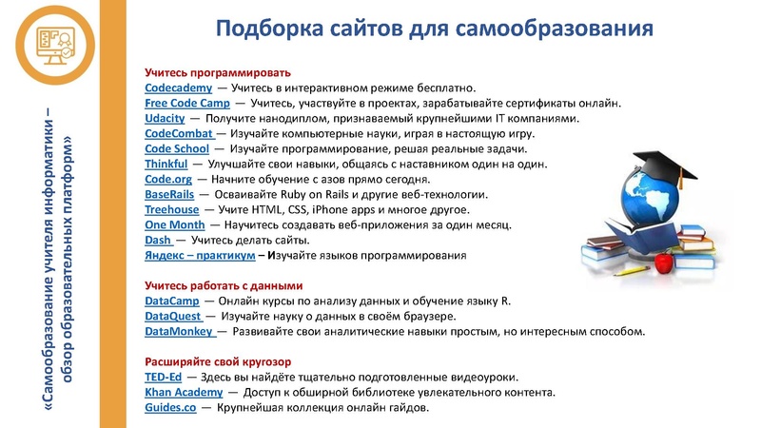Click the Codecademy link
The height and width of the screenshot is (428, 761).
pyautogui.click(x=171, y=88)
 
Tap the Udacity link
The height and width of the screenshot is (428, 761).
pyautogui.click(x=164, y=118)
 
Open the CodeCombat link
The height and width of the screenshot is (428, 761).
pyautogui.click(x=179, y=134)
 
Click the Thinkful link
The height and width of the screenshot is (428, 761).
pyautogui.click(x=166, y=165)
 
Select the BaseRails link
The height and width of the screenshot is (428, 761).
pyautogui.click(x=169, y=195)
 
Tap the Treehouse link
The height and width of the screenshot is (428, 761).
pyautogui.click(x=171, y=210)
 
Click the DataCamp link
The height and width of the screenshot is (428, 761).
pyautogui.click(x=171, y=301)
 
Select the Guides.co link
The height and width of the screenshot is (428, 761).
pyautogui.click(x=170, y=408)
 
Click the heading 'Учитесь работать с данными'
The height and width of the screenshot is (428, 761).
pyautogui.click(x=224, y=285)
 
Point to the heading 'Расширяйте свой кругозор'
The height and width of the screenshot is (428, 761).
pyautogui.click(x=218, y=362)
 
